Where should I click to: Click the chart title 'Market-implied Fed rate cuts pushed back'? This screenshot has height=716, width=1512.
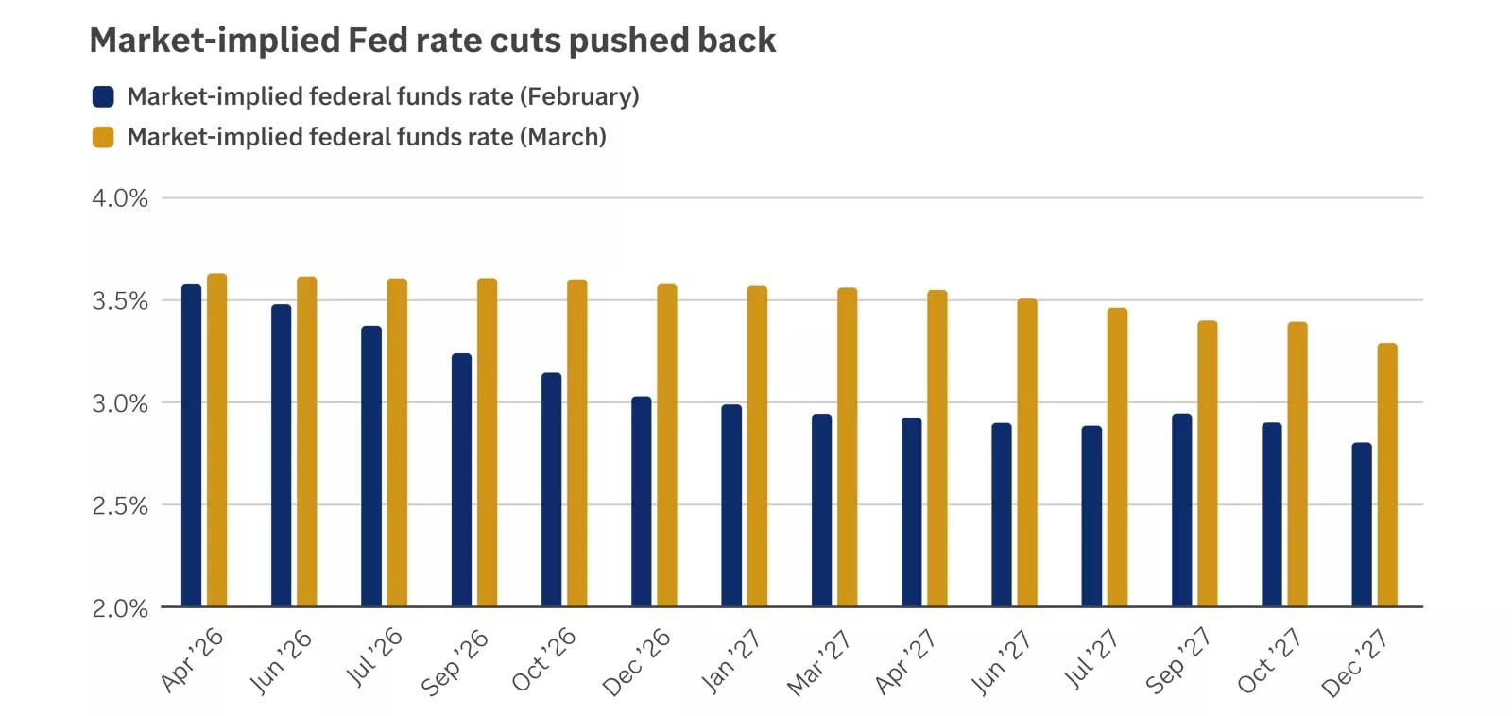(x=432, y=41)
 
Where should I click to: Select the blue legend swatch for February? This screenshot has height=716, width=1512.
(x=103, y=96)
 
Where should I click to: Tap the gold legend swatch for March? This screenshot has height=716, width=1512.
(x=103, y=137)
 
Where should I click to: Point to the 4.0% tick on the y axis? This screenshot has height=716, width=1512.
(x=120, y=198)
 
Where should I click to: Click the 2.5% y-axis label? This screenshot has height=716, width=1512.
(x=120, y=506)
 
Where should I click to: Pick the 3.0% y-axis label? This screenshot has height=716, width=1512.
(x=120, y=403)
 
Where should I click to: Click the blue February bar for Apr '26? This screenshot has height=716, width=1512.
(x=191, y=444)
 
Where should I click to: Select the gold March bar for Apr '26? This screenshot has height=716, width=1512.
(x=217, y=439)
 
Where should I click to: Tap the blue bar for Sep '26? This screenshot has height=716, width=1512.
(x=461, y=479)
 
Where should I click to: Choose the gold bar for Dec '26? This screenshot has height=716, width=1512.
(x=667, y=444)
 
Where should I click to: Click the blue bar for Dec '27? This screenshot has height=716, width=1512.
(x=1362, y=524)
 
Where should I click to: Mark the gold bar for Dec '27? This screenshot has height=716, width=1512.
(x=1387, y=474)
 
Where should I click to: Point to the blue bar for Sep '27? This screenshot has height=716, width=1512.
(x=1181, y=510)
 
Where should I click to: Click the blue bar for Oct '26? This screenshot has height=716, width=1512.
(x=551, y=489)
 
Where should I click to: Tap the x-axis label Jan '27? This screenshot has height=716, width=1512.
(x=730, y=662)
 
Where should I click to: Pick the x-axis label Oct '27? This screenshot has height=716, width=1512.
(x=1268, y=661)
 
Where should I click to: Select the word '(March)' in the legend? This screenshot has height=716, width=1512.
(x=562, y=137)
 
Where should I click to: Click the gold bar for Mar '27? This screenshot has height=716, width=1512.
(x=847, y=446)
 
